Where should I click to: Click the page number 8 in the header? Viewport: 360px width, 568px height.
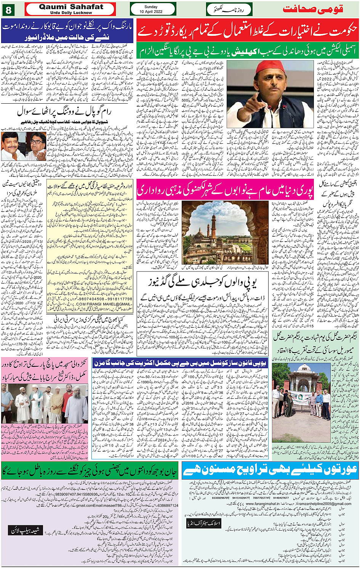click(x=8, y=9)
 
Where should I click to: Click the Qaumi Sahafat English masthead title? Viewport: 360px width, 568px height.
click(x=71, y=7)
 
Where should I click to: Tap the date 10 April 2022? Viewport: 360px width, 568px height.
click(x=151, y=11)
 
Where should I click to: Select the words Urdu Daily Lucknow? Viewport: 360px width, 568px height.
click(x=71, y=13)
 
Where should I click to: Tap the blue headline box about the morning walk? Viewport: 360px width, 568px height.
click(x=67, y=31)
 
